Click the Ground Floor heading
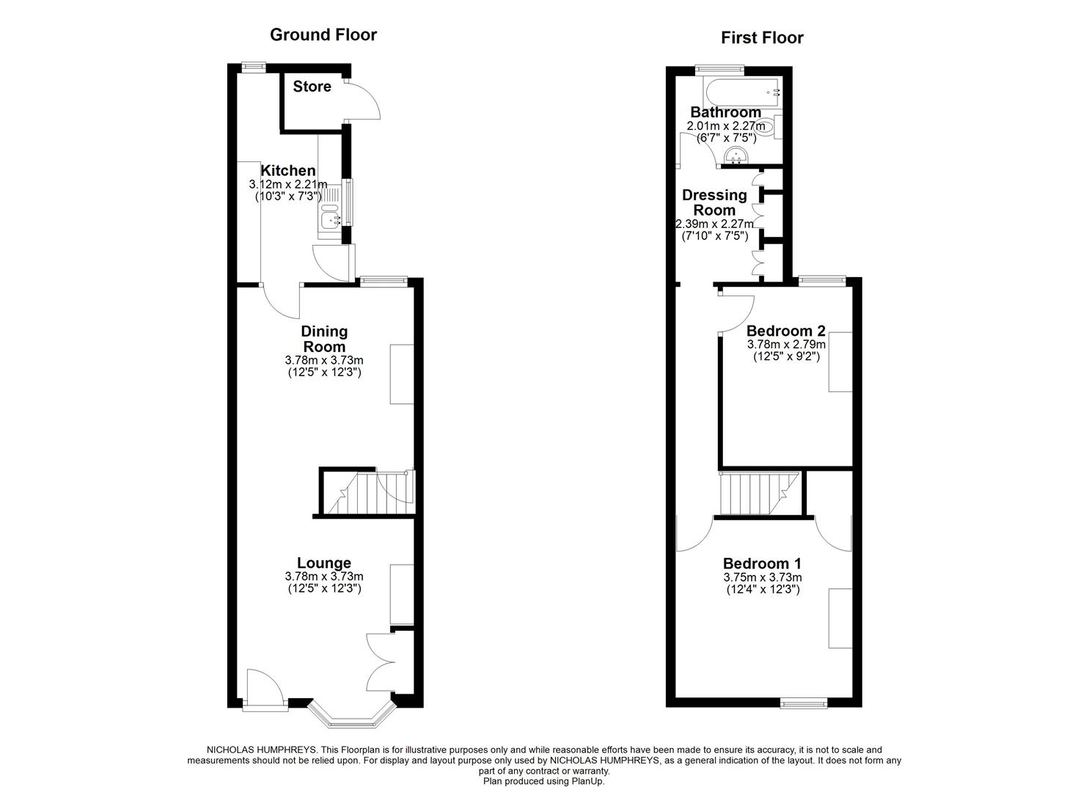pyautogui.click(x=323, y=34)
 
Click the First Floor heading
pyautogui.click(x=762, y=37)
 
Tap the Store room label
pyautogui.click(x=312, y=87)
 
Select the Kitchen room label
pyautogui.click(x=287, y=171)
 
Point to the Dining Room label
pyautogui.click(x=324, y=339)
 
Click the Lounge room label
pyautogui.click(x=323, y=563)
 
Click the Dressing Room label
pyautogui.click(x=714, y=202)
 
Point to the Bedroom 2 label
pyautogui.click(x=785, y=331)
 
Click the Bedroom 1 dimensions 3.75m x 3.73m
pyautogui.click(x=762, y=577)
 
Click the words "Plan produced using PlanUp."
pyautogui.click(x=543, y=782)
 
